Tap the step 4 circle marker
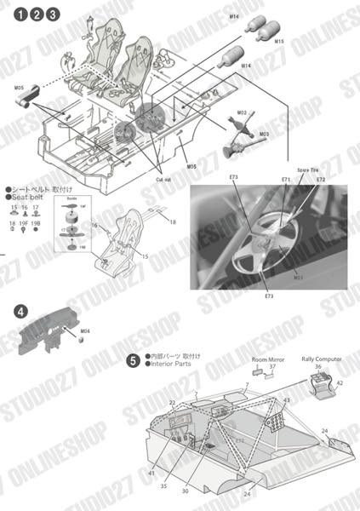click(20, 313)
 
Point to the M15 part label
click(279, 41)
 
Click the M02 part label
click(242, 113)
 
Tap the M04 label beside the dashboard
click(84, 330)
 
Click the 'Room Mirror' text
click(266, 359)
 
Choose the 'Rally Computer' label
click(322, 359)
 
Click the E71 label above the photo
click(286, 181)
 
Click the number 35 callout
click(163, 487)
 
